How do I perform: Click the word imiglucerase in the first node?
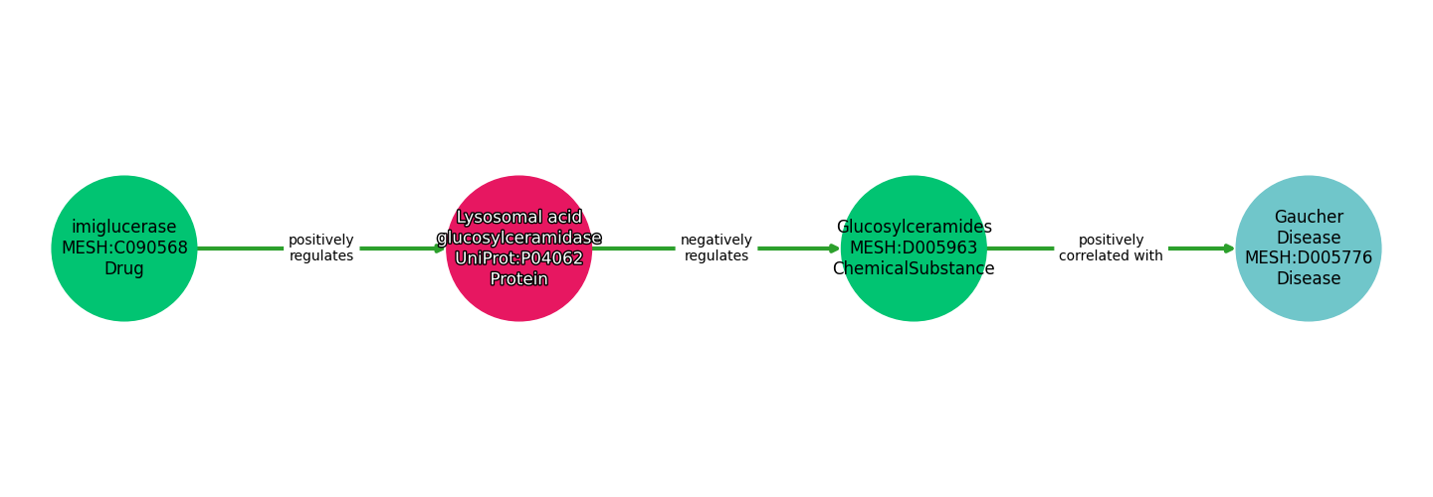tap(124, 227)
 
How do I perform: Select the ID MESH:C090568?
tap(124, 248)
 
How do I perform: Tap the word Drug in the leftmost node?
tap(124, 268)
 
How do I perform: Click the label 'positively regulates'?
tap(320, 248)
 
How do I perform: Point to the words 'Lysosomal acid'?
tap(518, 217)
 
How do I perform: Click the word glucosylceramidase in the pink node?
tap(518, 238)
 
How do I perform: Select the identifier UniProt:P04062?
tap(518, 258)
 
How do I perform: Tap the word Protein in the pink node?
tap(518, 279)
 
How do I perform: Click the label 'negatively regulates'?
tap(716, 248)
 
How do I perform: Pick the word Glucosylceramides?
tap(914, 227)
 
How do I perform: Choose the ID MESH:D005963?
tap(914, 248)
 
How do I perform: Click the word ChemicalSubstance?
tap(914, 268)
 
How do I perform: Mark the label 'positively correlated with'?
tap(1111, 248)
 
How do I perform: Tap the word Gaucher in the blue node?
tap(1309, 217)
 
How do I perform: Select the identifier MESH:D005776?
tap(1309, 257)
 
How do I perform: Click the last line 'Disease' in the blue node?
tap(1309, 278)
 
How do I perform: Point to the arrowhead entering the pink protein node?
tap(439, 248)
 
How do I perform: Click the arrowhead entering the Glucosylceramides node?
tap(834, 248)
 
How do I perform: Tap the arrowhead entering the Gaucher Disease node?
tap(1229, 248)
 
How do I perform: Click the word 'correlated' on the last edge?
tap(1092, 255)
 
